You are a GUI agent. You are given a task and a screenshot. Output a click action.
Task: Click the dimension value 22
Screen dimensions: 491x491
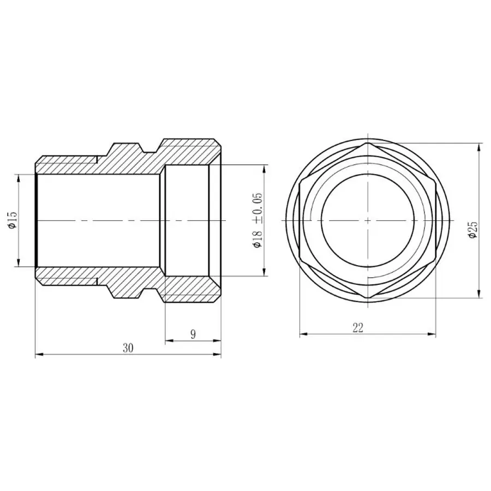coord(358,327)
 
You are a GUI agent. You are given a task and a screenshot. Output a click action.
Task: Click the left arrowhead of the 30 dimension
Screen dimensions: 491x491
coord(38,355)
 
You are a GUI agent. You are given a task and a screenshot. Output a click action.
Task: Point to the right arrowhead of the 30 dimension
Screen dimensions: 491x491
coord(218,355)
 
